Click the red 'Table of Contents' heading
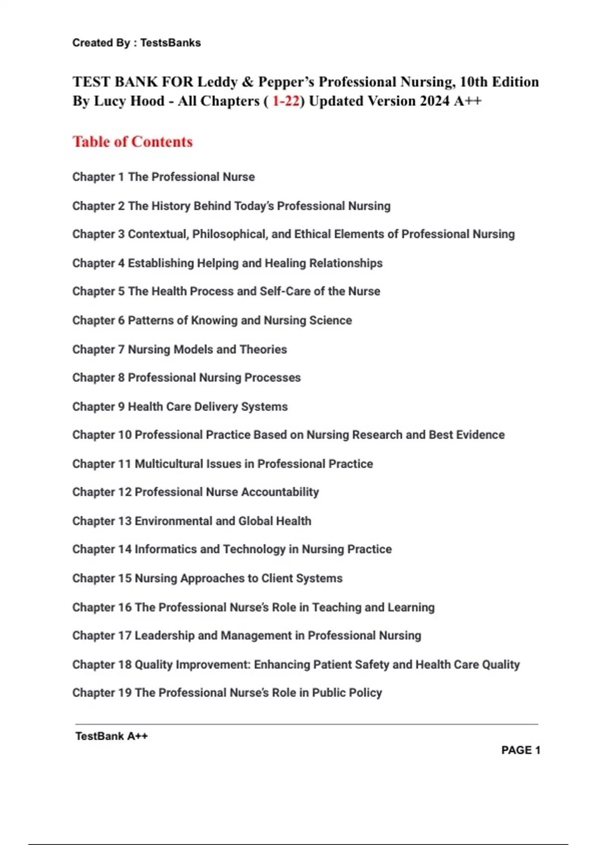[x=132, y=142]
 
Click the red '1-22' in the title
[x=286, y=101]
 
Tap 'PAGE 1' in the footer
[x=520, y=750]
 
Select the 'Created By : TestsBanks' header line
[x=136, y=43]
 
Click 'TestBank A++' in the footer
[x=111, y=736]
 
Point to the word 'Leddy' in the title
[x=217, y=82]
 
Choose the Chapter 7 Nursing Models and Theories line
[x=180, y=349]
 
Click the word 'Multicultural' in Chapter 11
[x=169, y=464]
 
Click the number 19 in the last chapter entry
[x=125, y=693]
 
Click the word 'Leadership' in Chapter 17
[x=164, y=636]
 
